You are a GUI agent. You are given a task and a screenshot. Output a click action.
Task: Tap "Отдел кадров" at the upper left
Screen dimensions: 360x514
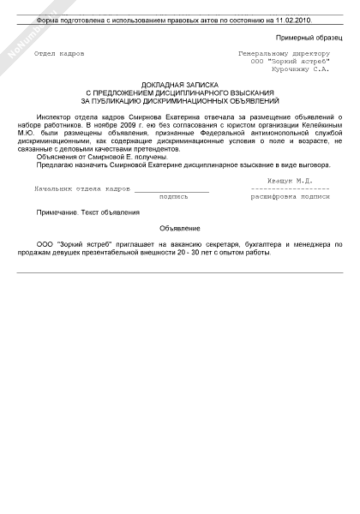(59, 53)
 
